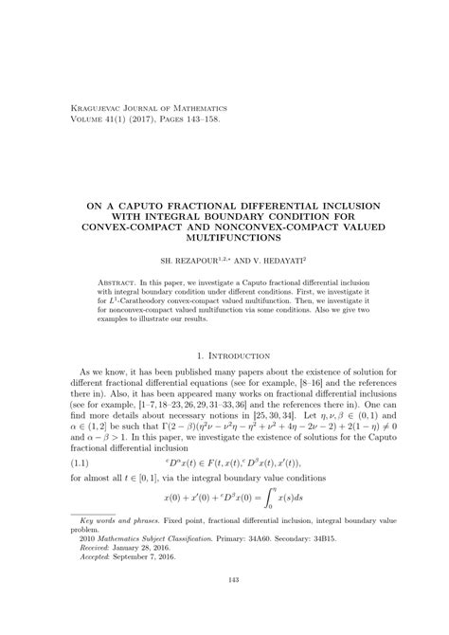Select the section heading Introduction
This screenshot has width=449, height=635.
pyautogui.click(x=232, y=355)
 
